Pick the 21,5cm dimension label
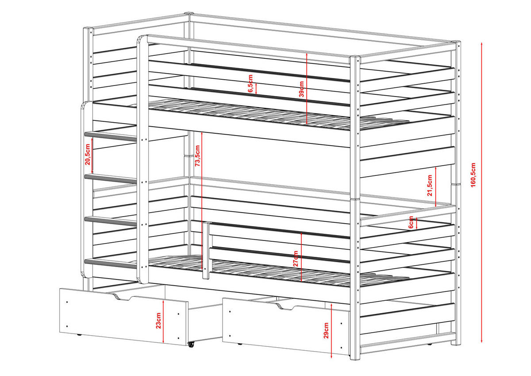click(x=429, y=186)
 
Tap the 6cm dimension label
click(x=411, y=223)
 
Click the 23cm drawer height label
click(x=158, y=320)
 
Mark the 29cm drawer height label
click(x=326, y=330)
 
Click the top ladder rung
click(x=110, y=136)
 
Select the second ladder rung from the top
click(x=110, y=178)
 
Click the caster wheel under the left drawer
click(x=191, y=344)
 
